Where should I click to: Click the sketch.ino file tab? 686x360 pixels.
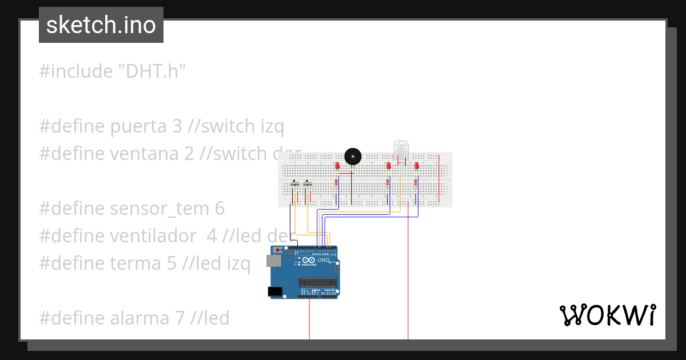101,25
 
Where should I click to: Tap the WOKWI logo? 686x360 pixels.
608,315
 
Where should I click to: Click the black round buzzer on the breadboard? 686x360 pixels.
353,155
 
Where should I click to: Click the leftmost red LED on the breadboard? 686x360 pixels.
337,165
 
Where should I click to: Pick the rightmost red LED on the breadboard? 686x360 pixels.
417,165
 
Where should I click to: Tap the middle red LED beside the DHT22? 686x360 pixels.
389,166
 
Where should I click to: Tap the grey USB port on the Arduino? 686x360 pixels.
273,261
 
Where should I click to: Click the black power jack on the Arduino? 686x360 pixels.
275,291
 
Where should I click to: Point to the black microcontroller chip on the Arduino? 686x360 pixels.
317,282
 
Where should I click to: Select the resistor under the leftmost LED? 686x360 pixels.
337,184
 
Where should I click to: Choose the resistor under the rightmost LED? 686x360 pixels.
416,184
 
